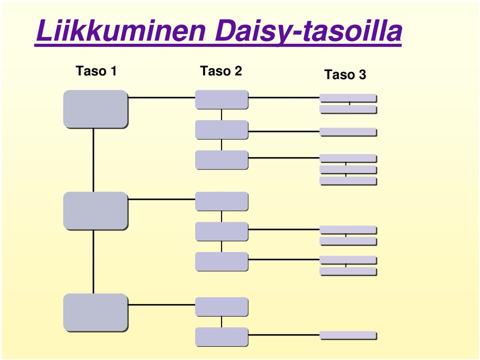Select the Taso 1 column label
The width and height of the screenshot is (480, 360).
tap(96, 71)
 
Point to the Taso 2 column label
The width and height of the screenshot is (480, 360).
tap(221, 71)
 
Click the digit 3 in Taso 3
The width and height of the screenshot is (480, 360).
tap(362, 74)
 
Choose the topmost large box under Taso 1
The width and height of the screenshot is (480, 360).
tap(95, 109)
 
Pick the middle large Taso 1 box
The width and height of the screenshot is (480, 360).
tap(95, 211)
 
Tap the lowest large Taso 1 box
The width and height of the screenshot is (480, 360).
tap(95, 312)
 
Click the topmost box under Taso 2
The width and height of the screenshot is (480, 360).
tap(221, 99)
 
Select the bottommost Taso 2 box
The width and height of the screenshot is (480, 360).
tap(221, 336)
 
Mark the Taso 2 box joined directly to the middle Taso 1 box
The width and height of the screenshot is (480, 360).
tap(221, 201)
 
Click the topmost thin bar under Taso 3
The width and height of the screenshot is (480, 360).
tap(348, 98)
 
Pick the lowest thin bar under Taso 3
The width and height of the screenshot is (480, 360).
tap(348, 335)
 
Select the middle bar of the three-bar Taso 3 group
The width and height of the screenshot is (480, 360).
tap(348, 169)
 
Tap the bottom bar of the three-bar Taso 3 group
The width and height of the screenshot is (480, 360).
tap(348, 181)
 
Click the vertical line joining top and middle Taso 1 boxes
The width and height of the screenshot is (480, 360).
tap(93, 160)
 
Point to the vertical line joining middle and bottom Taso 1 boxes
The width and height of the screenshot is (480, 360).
tap(93, 261)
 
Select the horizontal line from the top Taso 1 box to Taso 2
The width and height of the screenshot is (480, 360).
tap(161, 97)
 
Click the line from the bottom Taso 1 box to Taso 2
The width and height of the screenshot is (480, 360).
tap(161, 304)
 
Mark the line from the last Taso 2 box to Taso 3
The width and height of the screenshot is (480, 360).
tap(284, 335)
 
